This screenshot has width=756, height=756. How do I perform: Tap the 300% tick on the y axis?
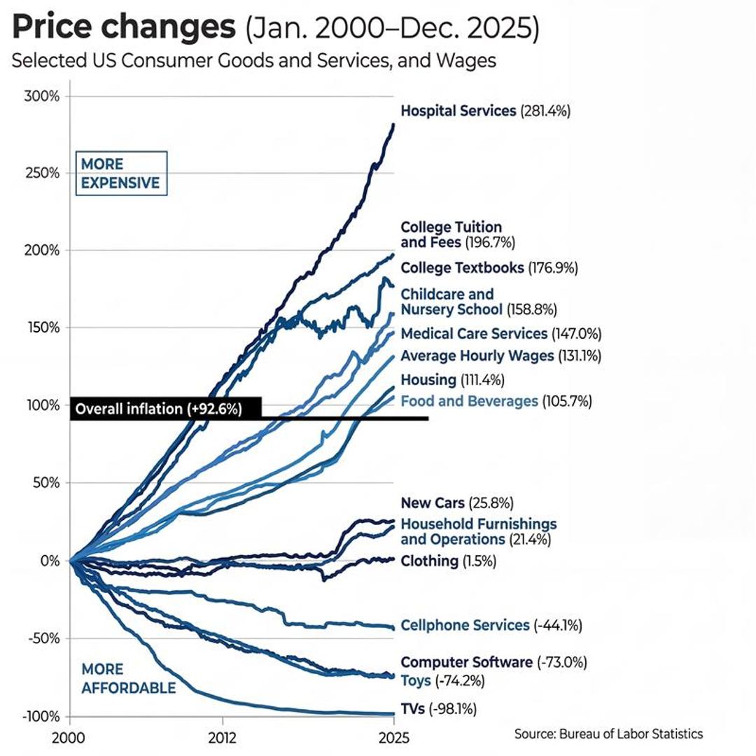tap(42, 96)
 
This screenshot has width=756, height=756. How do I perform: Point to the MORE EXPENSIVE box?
tap(120, 174)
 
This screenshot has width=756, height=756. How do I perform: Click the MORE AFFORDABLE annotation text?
tap(128, 679)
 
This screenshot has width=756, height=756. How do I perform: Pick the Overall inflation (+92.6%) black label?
tap(166, 409)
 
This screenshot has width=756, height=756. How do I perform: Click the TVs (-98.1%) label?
tap(438, 709)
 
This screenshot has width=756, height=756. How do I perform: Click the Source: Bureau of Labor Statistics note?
tap(608, 734)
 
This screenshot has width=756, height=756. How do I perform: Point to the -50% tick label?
tap(43, 638)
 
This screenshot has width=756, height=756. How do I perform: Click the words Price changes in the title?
tap(124, 28)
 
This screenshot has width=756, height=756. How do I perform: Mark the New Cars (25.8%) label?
tap(457, 503)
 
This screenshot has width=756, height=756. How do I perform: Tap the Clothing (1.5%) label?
tap(438, 561)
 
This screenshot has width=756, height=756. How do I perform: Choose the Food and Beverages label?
tap(469, 401)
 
